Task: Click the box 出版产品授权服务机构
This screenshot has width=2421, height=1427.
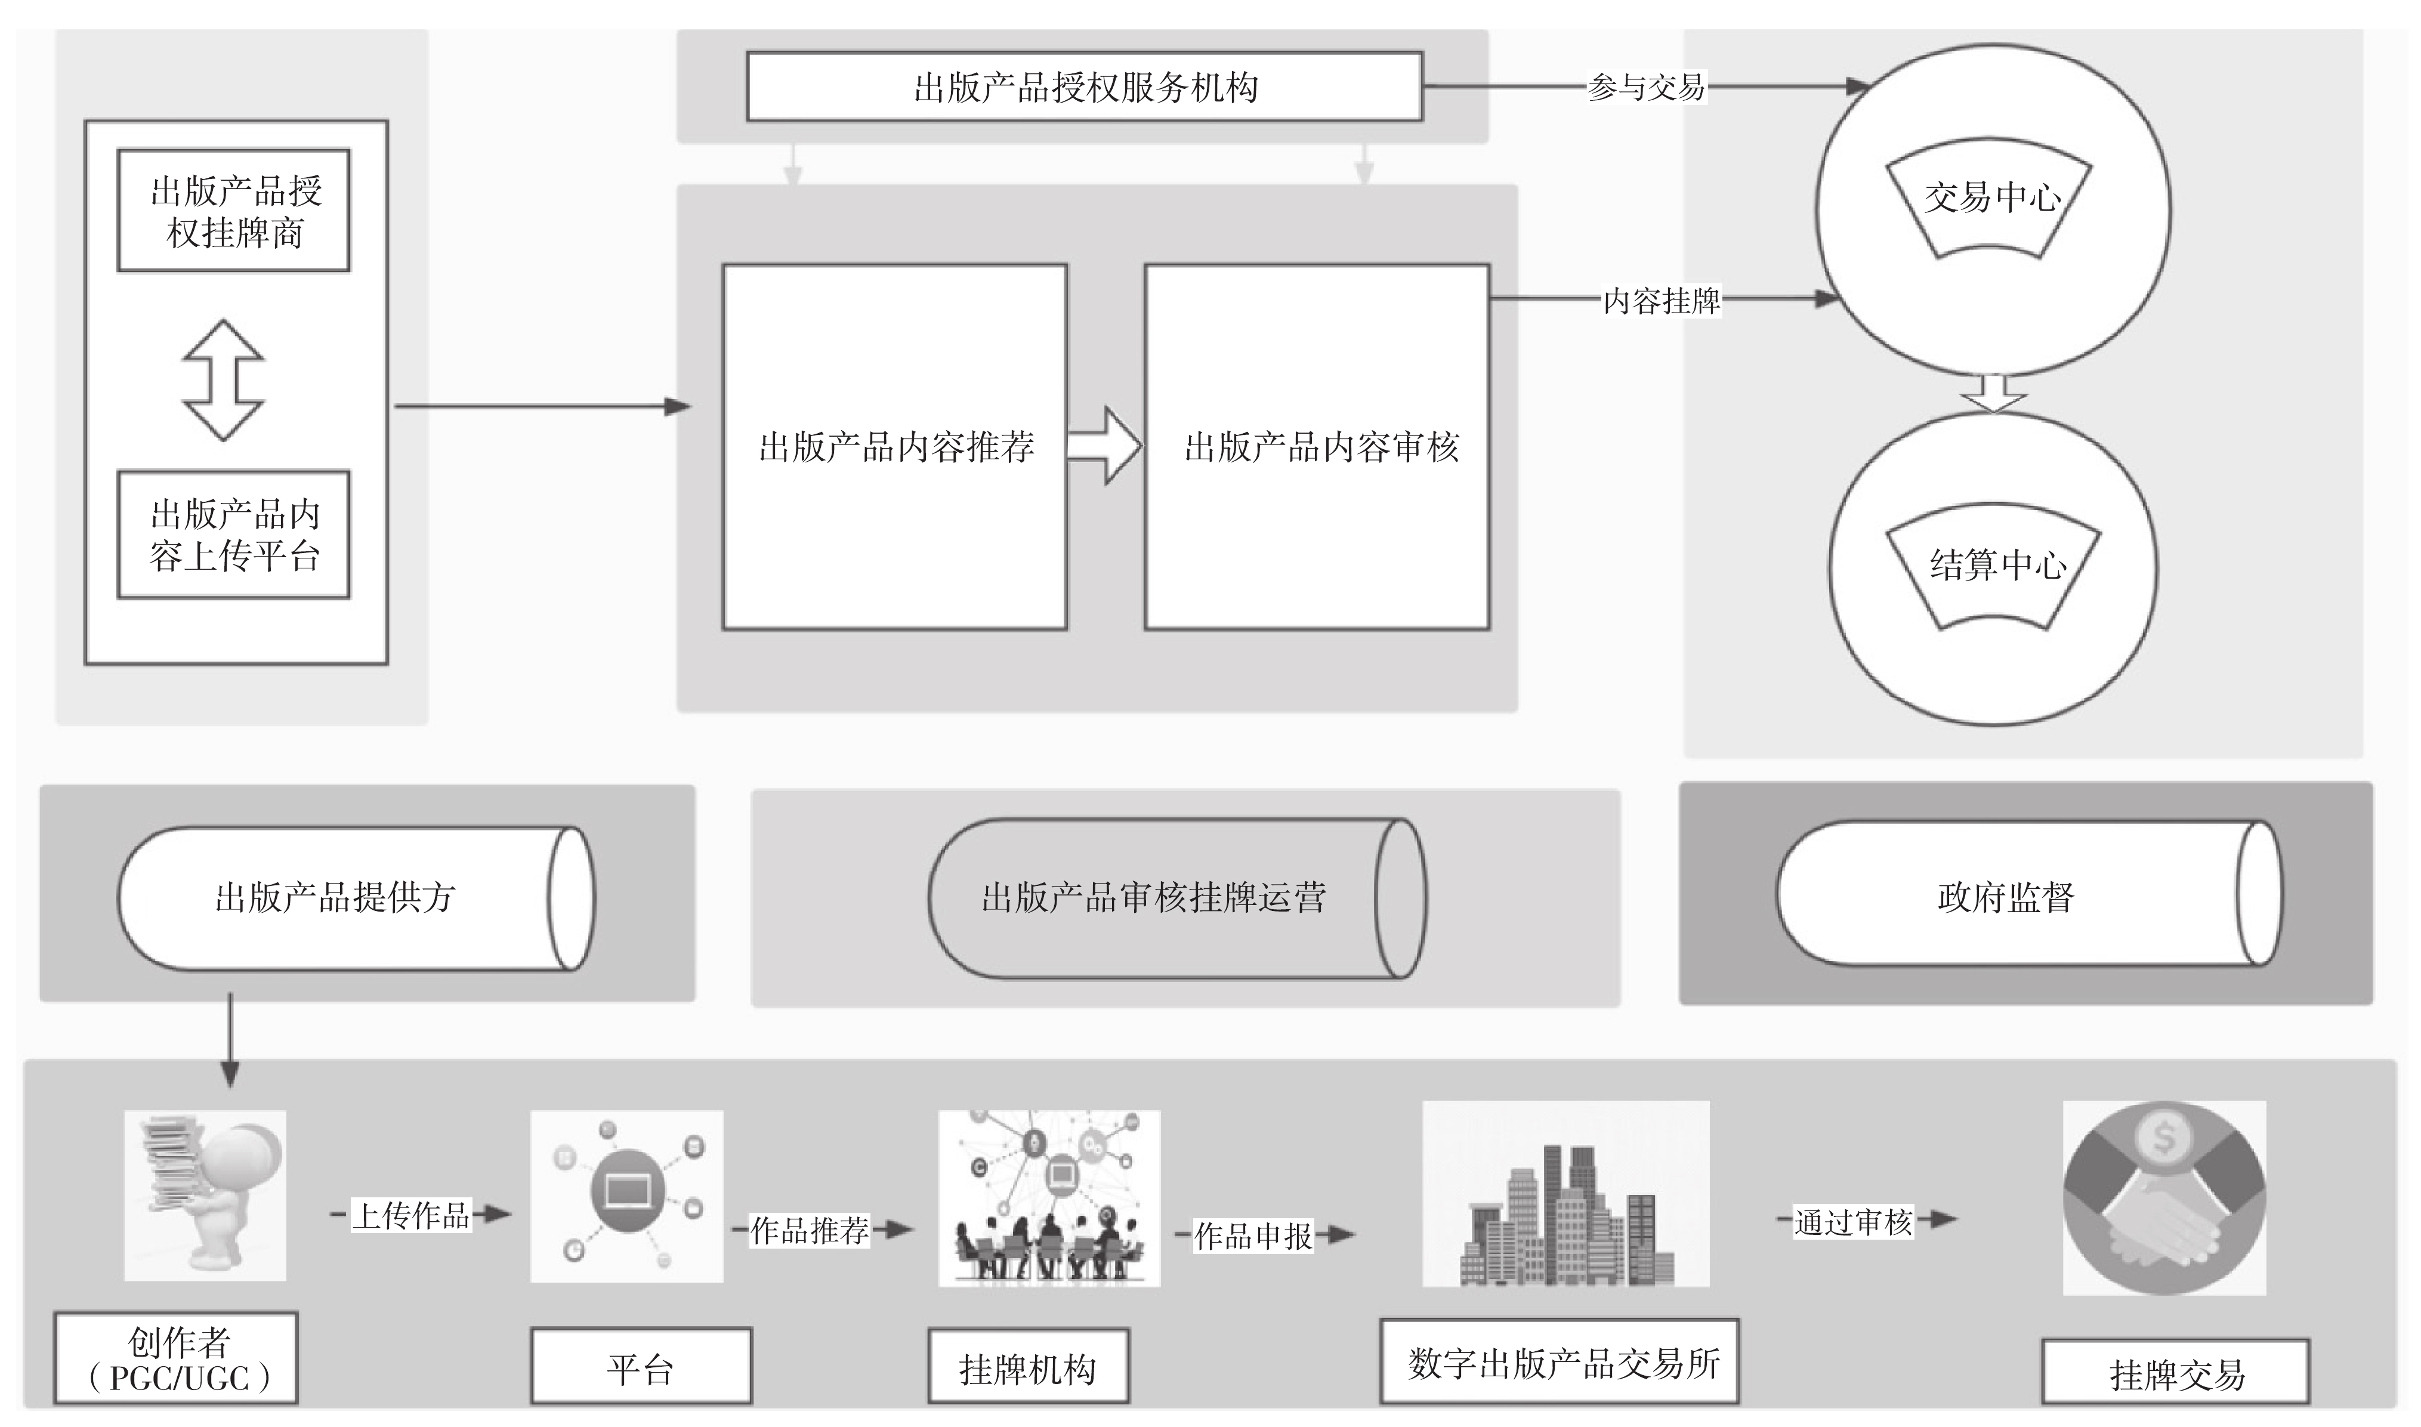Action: pos(1085,87)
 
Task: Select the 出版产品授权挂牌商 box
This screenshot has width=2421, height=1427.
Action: pos(234,211)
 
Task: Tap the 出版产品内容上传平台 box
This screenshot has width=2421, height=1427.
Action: pos(234,535)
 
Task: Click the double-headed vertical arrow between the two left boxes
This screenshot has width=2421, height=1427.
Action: pos(223,381)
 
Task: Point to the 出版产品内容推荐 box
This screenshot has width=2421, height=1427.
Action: pos(894,447)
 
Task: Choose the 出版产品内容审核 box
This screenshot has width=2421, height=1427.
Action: pos(1317,447)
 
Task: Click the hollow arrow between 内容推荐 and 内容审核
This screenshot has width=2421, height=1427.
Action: pos(1104,445)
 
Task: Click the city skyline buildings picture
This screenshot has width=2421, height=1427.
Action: pos(1565,1194)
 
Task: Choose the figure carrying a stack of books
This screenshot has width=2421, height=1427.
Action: pos(205,1196)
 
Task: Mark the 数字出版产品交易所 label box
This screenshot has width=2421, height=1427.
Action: pos(1560,1361)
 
